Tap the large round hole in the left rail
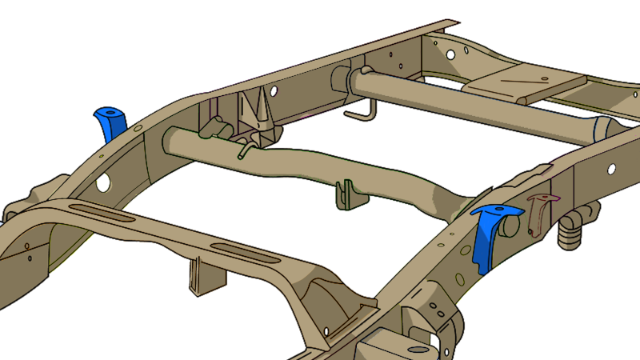[103, 182]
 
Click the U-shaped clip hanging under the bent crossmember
[345, 194]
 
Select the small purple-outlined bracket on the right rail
[540, 211]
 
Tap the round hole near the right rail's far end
[611, 170]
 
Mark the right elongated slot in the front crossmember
[240, 257]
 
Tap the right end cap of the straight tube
[603, 128]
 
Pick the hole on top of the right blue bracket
[501, 210]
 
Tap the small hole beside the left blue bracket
[138, 128]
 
